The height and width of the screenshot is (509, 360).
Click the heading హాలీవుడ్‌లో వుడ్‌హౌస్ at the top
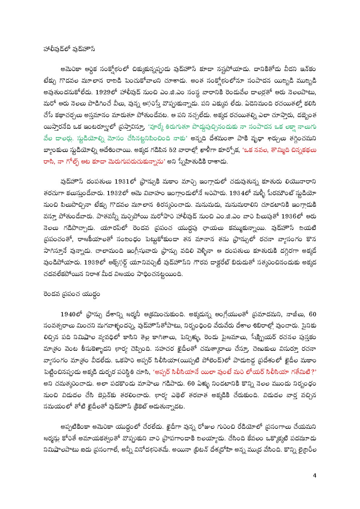(69, 49)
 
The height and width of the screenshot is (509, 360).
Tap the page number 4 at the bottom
(315, 476)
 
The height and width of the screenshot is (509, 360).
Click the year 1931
(125, 181)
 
